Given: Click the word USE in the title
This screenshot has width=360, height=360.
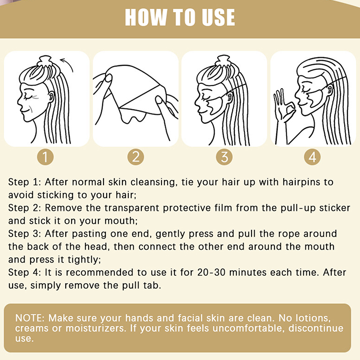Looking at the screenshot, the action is (218, 17).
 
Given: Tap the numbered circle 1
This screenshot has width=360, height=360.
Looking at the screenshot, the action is (45, 157).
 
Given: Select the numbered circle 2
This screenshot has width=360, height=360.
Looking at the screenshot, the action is (136, 157).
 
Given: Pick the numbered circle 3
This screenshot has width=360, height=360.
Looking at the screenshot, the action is (224, 157).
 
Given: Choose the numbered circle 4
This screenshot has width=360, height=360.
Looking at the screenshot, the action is (312, 157).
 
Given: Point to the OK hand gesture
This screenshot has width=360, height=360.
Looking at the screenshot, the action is (283, 106).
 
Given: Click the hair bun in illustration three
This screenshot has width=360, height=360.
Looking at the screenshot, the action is (223, 60).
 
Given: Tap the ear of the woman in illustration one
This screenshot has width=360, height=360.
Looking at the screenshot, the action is (51, 96).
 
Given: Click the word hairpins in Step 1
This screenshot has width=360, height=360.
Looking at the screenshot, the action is (301, 182).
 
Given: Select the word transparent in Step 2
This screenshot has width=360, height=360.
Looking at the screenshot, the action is (132, 208).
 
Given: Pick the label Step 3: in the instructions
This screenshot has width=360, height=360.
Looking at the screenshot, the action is (25, 234).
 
